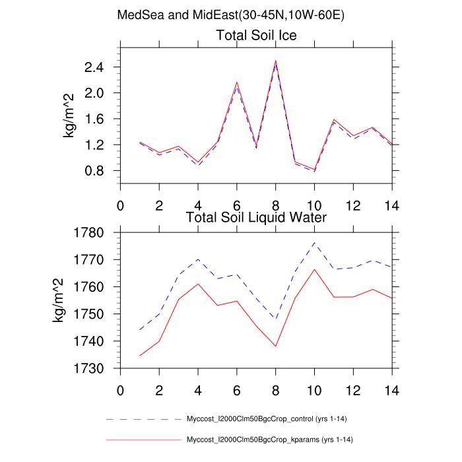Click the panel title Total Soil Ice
(257, 36)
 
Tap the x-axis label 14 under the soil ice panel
(392, 204)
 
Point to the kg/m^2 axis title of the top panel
(69, 116)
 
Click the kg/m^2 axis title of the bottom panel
(60, 301)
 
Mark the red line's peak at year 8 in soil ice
(276, 61)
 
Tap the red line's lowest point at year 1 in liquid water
(140, 356)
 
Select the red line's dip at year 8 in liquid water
(276, 346)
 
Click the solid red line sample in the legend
(143, 440)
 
